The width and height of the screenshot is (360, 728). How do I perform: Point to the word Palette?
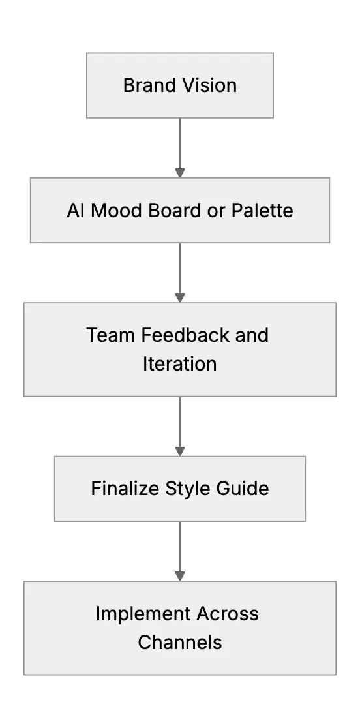[262, 210]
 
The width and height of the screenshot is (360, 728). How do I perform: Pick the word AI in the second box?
[76, 210]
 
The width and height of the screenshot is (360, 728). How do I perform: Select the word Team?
[111, 335]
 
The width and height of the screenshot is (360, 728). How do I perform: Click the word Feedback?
[185, 335]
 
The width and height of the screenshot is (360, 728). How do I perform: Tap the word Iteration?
[179, 364]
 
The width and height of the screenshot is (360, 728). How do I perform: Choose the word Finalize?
[125, 489]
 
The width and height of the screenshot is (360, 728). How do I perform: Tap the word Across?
[228, 614]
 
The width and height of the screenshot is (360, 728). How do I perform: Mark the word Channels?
[179, 643]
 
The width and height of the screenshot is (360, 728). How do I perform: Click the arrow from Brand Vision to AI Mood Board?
[180, 147]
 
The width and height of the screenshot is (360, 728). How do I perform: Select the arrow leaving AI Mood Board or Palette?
[180, 273]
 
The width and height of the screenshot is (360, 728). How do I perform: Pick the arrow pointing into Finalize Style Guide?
[180, 426]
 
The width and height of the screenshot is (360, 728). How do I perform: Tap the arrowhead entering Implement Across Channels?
[180, 576]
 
